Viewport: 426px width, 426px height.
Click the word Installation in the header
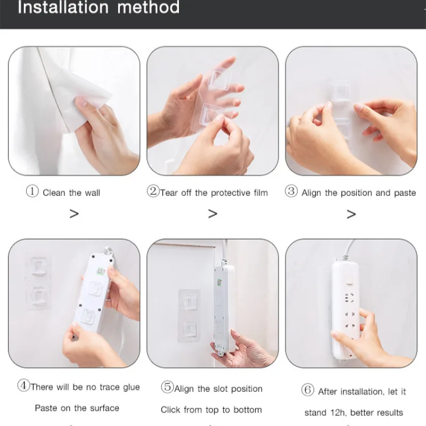63,7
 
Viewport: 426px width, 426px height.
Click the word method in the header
149,7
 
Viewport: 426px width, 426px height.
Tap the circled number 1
32,191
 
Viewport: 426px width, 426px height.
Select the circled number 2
153,191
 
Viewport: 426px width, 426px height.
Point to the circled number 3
291,191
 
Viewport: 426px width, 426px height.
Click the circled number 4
23,385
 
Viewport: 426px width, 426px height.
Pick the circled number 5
167,387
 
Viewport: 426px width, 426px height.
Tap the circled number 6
308,390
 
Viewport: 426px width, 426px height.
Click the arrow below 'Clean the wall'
74,214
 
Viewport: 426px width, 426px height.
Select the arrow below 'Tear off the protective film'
212,214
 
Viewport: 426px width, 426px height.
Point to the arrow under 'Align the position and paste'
351,215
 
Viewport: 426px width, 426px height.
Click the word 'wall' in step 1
93,193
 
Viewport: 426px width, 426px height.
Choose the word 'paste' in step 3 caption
405,193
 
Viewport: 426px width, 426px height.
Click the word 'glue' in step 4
132,388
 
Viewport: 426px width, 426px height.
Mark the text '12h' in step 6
338,413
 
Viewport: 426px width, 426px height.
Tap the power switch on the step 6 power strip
349,282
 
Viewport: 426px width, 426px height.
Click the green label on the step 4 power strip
101,271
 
